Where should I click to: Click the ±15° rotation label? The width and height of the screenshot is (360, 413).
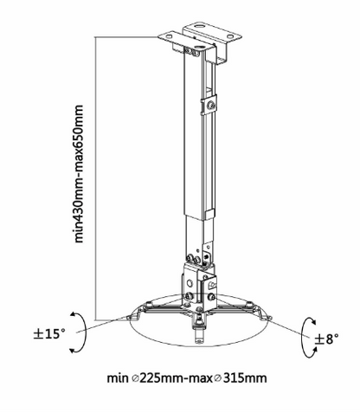tap(49, 334)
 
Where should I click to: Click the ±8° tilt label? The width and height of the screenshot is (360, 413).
tap(326, 339)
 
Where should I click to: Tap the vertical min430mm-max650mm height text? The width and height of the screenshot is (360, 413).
tap(79, 174)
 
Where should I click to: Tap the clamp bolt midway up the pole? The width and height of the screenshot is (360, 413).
tap(211, 106)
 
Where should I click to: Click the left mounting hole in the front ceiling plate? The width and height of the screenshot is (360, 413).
tap(170, 36)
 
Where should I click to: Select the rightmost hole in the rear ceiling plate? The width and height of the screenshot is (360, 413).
tap(230, 36)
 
